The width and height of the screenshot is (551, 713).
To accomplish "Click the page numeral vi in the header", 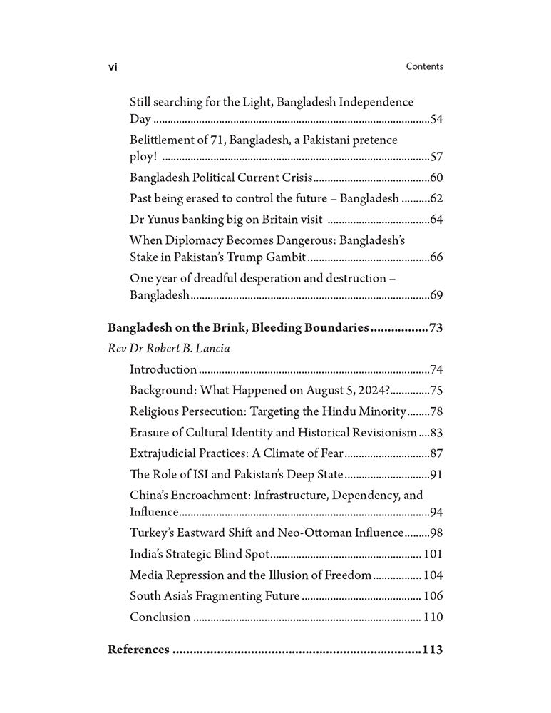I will coord(113,67).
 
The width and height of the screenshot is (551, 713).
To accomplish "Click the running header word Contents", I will coord(424,66).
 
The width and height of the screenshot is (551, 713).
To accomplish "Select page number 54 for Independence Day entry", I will coord(436,119).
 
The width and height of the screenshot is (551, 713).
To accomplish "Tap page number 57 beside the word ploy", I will coord(436,157).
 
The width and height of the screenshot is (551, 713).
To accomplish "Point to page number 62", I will coord(436,198).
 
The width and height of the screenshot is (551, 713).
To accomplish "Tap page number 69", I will coord(436,294).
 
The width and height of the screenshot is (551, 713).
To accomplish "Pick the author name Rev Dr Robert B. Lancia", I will coord(168,349).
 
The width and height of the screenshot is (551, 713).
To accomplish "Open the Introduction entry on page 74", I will coord(163,369).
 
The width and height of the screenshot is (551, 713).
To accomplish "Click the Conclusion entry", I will coord(160,617).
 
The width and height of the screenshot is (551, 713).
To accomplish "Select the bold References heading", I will coord(138,650).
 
